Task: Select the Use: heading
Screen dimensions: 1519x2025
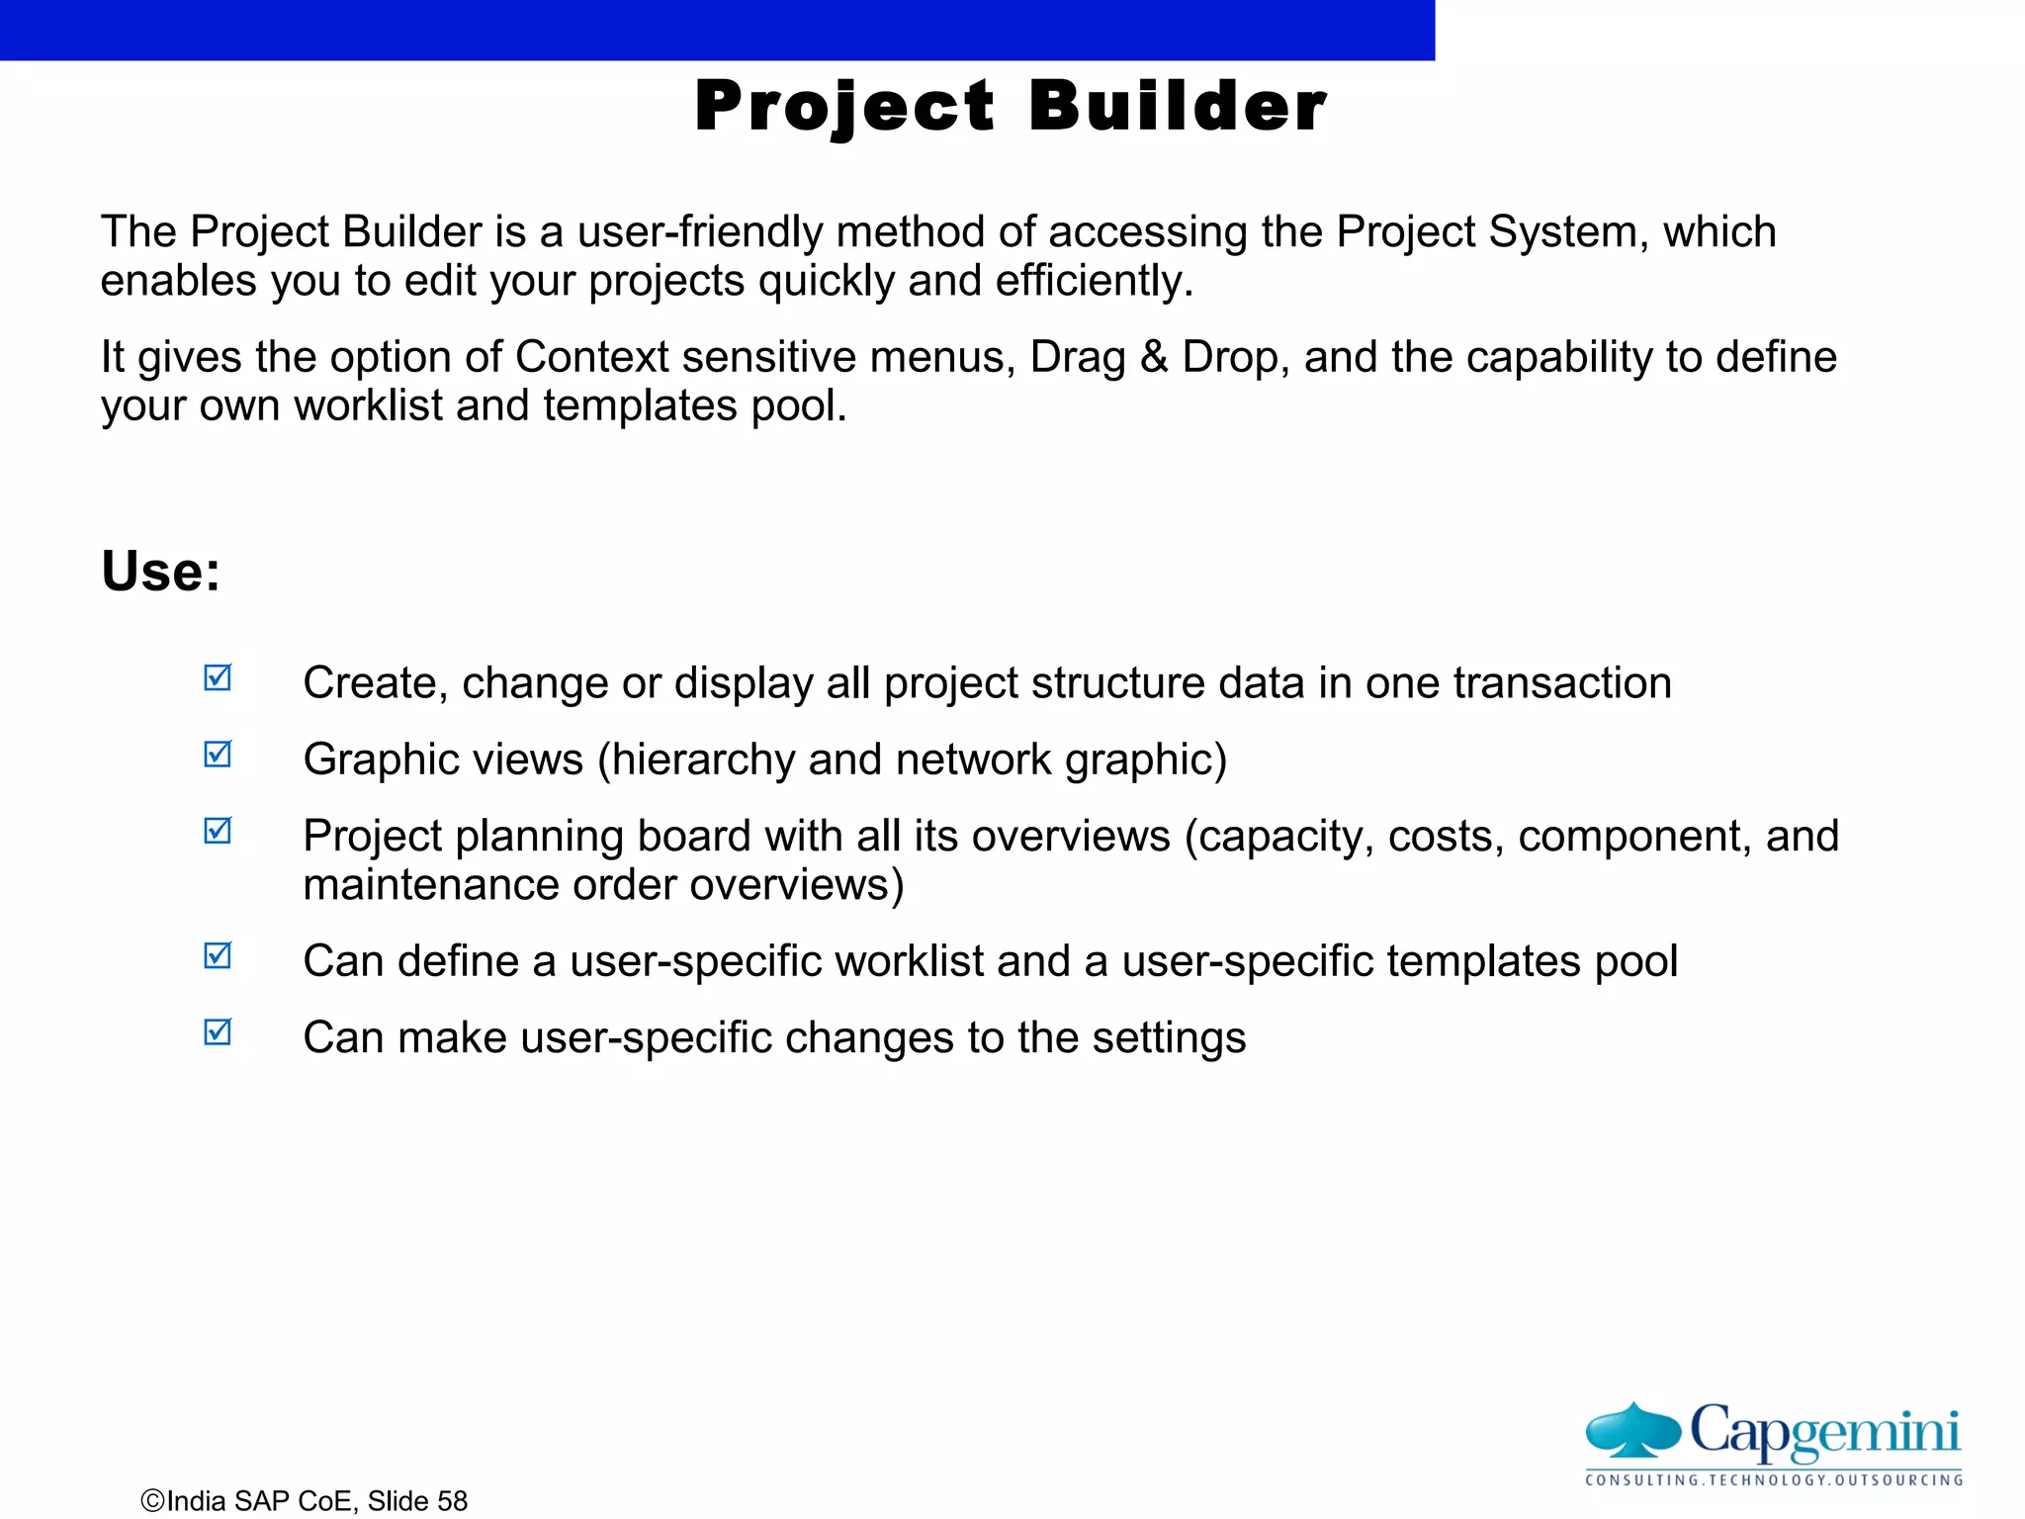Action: (x=161, y=572)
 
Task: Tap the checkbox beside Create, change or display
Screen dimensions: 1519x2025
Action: (x=218, y=678)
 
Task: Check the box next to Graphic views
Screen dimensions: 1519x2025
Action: (x=218, y=755)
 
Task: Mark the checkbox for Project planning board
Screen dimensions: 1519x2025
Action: (x=218, y=831)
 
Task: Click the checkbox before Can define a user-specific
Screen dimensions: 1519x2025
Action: (x=218, y=956)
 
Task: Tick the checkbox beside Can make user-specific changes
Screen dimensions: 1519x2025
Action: (x=218, y=1032)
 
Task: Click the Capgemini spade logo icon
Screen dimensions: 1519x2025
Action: (x=1632, y=1431)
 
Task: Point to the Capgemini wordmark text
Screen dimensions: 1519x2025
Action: (x=1824, y=1431)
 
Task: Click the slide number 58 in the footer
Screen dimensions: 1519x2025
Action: (x=452, y=1501)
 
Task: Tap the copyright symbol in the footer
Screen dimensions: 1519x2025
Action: (x=152, y=1501)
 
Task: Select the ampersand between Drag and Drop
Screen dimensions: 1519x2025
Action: (x=1153, y=357)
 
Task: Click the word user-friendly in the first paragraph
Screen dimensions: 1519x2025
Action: (x=700, y=232)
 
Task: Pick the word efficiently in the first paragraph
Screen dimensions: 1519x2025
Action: (x=1094, y=282)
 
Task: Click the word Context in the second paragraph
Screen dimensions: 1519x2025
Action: (x=591, y=357)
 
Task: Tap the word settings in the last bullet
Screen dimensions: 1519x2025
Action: (x=1169, y=1038)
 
